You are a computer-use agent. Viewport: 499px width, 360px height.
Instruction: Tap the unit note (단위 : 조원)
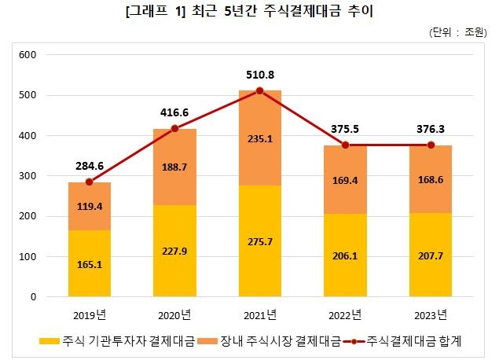457,32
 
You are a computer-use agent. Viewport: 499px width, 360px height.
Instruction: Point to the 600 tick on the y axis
28,55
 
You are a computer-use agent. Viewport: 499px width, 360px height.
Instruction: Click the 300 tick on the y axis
28,176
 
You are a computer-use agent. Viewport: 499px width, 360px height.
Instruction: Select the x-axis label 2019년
89,316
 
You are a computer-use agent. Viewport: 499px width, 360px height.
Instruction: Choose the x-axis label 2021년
260,316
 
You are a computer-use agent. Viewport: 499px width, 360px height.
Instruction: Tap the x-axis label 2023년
431,316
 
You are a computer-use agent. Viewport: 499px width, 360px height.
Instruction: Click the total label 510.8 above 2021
260,75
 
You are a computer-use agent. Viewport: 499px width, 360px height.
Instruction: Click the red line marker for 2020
174,128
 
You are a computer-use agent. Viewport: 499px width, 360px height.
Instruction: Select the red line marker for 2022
345,145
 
